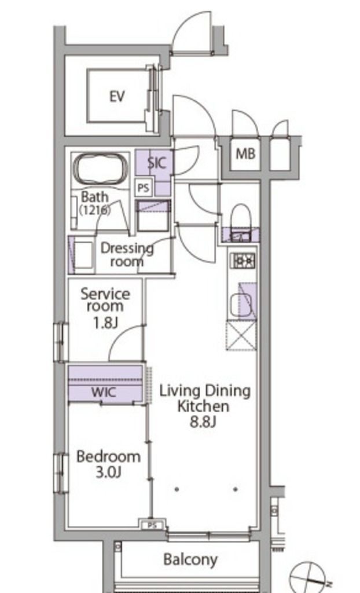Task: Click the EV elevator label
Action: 117,97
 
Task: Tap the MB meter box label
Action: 245,154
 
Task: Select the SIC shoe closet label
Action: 156,163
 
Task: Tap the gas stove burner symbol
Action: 243,261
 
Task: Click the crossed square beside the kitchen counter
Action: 241,335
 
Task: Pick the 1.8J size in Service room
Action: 106,323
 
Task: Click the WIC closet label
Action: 104,392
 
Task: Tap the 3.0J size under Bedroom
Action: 109,472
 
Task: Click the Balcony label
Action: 190,559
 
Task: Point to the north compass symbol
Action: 309,578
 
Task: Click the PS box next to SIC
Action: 144,188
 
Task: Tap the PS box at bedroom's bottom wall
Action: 152,525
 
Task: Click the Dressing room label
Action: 127,255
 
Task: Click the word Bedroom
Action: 109,456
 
